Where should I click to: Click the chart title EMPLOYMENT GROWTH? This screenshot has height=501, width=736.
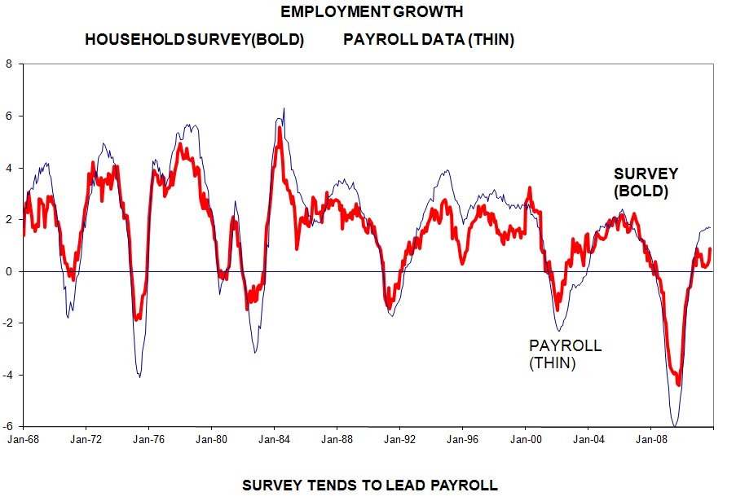(372, 12)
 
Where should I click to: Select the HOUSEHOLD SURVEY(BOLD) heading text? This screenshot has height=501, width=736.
(195, 40)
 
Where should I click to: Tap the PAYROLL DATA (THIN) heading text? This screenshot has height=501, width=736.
(429, 40)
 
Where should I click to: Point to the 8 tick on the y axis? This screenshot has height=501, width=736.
(9, 64)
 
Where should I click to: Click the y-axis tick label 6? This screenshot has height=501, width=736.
(9, 116)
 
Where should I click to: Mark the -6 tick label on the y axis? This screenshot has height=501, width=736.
(7, 426)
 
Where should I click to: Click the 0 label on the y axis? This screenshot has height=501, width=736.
(9, 271)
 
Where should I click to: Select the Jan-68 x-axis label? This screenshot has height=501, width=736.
(23, 440)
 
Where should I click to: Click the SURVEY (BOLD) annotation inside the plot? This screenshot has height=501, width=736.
(646, 183)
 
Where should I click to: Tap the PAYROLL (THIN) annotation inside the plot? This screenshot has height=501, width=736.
(565, 354)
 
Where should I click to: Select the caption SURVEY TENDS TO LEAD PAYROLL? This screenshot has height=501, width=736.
(370, 486)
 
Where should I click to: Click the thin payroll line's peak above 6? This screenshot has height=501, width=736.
(284, 108)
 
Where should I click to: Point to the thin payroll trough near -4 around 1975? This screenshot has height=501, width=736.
(139, 376)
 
